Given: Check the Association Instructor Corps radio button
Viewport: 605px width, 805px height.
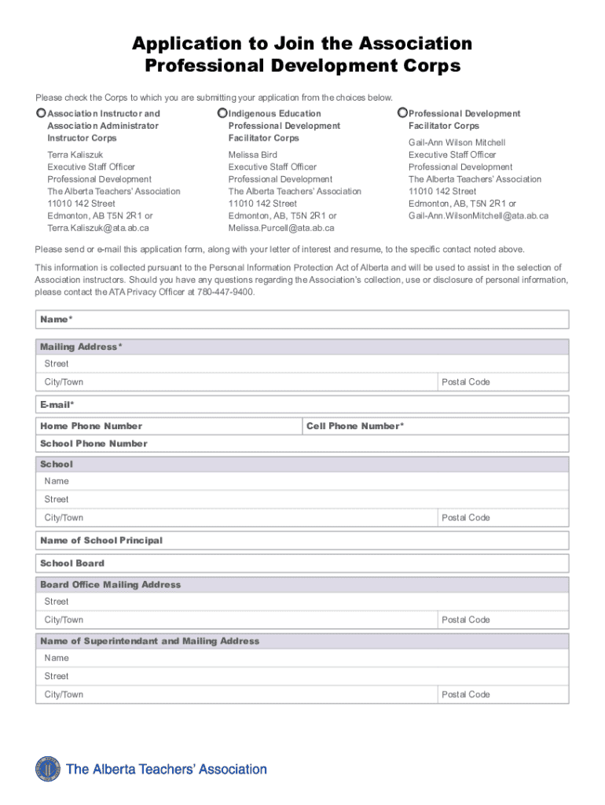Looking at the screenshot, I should click(x=41, y=113).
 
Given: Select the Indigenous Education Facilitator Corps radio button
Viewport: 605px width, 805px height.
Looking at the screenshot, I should click(x=222, y=113).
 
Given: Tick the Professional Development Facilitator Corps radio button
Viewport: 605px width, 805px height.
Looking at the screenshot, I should click(x=403, y=113).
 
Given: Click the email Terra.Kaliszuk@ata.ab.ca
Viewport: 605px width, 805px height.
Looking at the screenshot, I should click(x=97, y=228).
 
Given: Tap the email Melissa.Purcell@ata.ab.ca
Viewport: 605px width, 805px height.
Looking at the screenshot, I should click(x=280, y=228).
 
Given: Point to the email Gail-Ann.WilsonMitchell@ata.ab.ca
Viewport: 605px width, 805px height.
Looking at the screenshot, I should click(x=478, y=215).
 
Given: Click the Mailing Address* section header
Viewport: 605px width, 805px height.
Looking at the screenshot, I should click(x=81, y=347).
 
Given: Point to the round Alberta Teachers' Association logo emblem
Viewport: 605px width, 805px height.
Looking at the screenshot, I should click(x=48, y=770).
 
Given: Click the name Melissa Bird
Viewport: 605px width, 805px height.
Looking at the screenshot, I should click(x=252, y=155).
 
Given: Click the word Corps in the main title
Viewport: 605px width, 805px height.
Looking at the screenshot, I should click(x=427, y=66).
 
